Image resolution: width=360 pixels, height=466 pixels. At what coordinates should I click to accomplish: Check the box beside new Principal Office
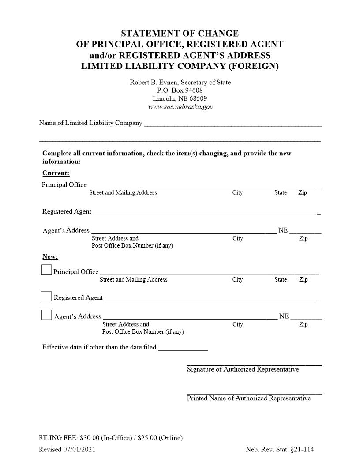pos(46,270)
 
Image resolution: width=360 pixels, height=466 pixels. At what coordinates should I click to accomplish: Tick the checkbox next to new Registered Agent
pos(46,296)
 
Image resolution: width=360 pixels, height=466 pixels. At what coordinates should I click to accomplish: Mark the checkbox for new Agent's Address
pos(46,315)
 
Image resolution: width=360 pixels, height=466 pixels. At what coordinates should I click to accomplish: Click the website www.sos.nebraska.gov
pos(180,107)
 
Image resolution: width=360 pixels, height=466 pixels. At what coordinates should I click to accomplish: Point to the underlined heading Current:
pos(56,173)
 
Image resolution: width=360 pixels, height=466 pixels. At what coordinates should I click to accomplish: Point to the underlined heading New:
pos(50,257)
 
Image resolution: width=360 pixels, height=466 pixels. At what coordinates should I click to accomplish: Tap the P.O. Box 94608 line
pos(180,90)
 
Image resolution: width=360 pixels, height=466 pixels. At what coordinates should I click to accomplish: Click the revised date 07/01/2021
pos(79,450)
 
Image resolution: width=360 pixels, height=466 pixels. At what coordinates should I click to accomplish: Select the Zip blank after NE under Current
pos(305,231)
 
